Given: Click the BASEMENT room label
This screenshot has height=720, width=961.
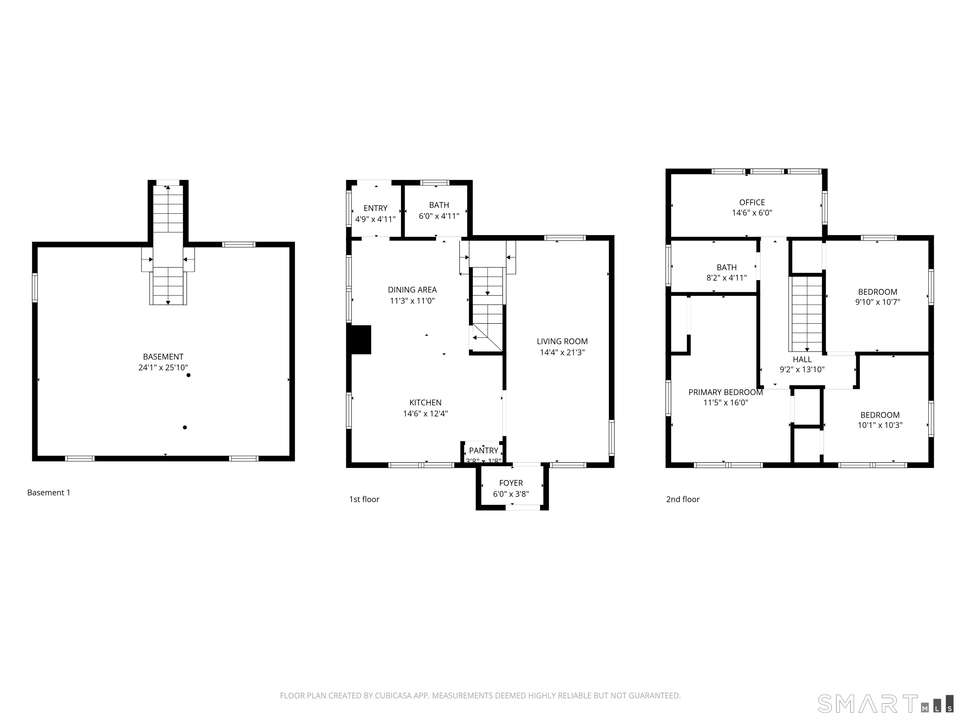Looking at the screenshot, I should pos(163,357).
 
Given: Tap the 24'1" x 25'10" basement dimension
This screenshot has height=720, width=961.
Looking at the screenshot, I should pos(163,367).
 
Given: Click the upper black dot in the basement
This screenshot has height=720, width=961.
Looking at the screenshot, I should pos(189,375).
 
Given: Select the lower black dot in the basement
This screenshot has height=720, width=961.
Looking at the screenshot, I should pos(185,427).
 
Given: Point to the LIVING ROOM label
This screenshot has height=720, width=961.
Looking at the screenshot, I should pos(562,342).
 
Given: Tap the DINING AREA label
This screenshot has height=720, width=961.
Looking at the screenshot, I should pos(412,290).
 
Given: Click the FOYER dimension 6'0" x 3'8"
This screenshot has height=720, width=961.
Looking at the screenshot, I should pos(511,494).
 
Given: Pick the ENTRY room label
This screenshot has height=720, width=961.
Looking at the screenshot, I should pos(375,208).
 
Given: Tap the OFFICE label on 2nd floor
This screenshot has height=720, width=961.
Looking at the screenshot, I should pos(752,202).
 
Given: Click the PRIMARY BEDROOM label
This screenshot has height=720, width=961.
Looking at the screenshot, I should pos(725,392).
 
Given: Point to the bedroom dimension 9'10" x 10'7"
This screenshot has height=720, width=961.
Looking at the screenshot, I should pos(877,302).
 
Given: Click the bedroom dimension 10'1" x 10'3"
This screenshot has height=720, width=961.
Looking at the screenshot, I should pos(879,425).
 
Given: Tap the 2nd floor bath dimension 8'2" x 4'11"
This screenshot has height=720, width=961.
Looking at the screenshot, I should pos(726,278).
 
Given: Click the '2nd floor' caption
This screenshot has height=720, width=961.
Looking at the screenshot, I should pos(683,499).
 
